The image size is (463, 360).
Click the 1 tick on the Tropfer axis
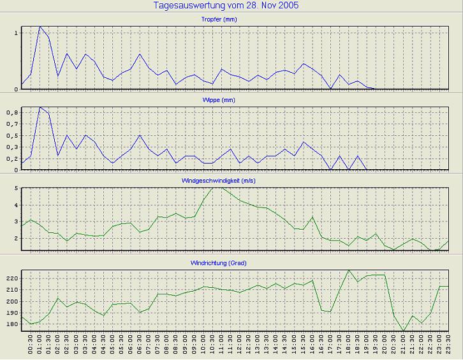point(16,32)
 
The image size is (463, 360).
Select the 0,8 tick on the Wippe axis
point(13,112)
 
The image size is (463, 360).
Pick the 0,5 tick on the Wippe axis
point(13,135)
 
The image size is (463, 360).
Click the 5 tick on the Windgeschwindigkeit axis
point(16,188)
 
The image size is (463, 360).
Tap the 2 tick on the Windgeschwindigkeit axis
point(16,238)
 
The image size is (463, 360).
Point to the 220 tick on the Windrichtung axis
point(11,278)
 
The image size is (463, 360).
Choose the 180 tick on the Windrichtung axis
point(11,324)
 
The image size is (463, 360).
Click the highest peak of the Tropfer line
point(40,27)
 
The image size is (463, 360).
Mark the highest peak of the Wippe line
point(40,107)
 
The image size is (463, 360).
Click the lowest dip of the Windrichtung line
point(403,331)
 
